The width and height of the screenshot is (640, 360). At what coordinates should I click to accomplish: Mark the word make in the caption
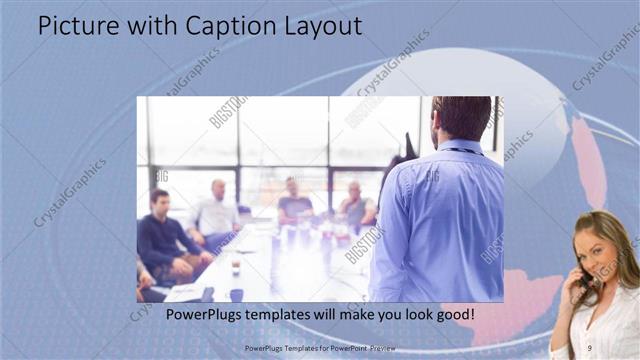347,315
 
